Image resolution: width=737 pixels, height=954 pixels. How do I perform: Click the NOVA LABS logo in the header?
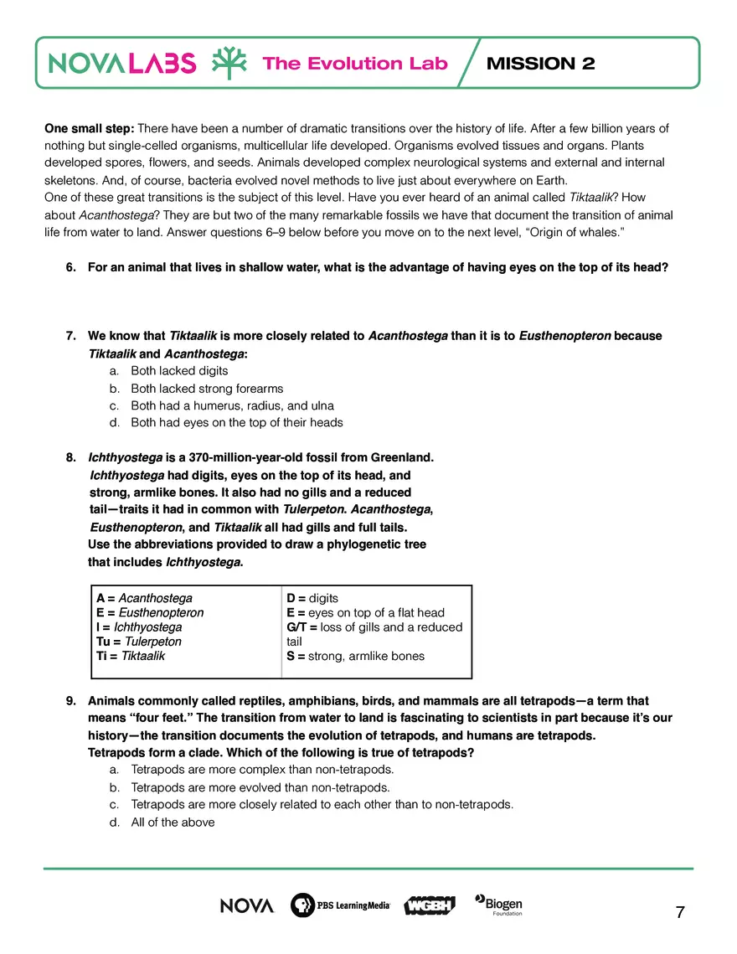pyautogui.click(x=122, y=63)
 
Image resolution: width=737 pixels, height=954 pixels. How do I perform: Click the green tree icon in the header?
pyautogui.click(x=228, y=63)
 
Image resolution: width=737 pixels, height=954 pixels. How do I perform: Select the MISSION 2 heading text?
pyautogui.click(x=540, y=64)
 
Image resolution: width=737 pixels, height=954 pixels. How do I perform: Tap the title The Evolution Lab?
pyautogui.click(x=355, y=64)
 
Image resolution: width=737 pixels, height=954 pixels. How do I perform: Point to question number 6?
pyautogui.click(x=70, y=268)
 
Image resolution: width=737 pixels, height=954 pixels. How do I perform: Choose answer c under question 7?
pyautogui.click(x=232, y=405)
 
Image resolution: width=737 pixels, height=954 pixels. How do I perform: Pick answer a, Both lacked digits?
pyautogui.click(x=179, y=370)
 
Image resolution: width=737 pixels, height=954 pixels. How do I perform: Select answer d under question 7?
pyautogui.click(x=236, y=423)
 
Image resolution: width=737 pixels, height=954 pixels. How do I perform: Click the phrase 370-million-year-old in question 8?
pyautogui.click(x=250, y=458)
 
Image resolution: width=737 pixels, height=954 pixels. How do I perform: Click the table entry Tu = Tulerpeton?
pyautogui.click(x=139, y=642)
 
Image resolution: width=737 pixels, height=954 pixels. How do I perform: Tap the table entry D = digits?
pyautogui.click(x=312, y=598)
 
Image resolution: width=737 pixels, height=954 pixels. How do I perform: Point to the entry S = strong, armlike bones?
pyautogui.click(x=355, y=656)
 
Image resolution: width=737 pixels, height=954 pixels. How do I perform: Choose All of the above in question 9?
pyautogui.click(x=173, y=823)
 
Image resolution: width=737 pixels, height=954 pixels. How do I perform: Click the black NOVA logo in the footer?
pyautogui.click(x=247, y=905)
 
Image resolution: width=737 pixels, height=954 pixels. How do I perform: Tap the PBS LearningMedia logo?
pyautogui.click(x=340, y=905)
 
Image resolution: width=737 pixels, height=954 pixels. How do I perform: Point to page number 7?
pyautogui.click(x=680, y=912)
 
